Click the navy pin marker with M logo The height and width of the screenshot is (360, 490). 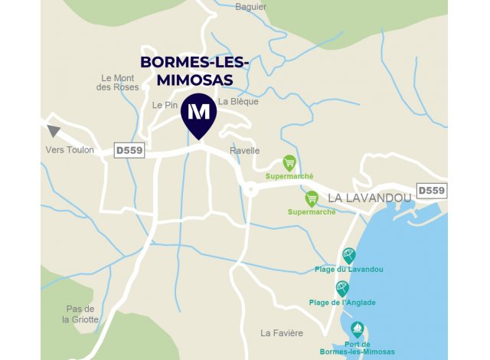(198, 113)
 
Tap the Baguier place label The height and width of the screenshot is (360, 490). (251, 7)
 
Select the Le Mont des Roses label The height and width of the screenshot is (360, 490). (118, 83)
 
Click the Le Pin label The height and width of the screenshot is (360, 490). (165, 105)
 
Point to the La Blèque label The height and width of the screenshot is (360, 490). (238, 101)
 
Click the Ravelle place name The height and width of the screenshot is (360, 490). (245, 151)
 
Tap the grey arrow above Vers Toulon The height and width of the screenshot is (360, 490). (54, 131)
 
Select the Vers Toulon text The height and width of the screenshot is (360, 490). (70, 150)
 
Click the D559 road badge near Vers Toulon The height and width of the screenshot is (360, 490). (129, 150)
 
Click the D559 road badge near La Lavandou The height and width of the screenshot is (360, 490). (431, 190)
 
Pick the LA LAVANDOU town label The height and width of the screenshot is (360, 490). (369, 198)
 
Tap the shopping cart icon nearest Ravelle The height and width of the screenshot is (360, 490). (289, 162)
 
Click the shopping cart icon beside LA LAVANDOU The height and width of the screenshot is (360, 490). (312, 198)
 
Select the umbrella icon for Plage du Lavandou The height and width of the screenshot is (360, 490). (349, 255)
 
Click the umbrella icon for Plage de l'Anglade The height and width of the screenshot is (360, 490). (342, 288)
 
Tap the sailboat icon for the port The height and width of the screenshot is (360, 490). (357, 329)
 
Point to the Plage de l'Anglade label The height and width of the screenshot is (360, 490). (342, 303)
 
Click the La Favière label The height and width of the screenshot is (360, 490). (282, 333)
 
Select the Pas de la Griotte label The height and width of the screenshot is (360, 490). (80, 314)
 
